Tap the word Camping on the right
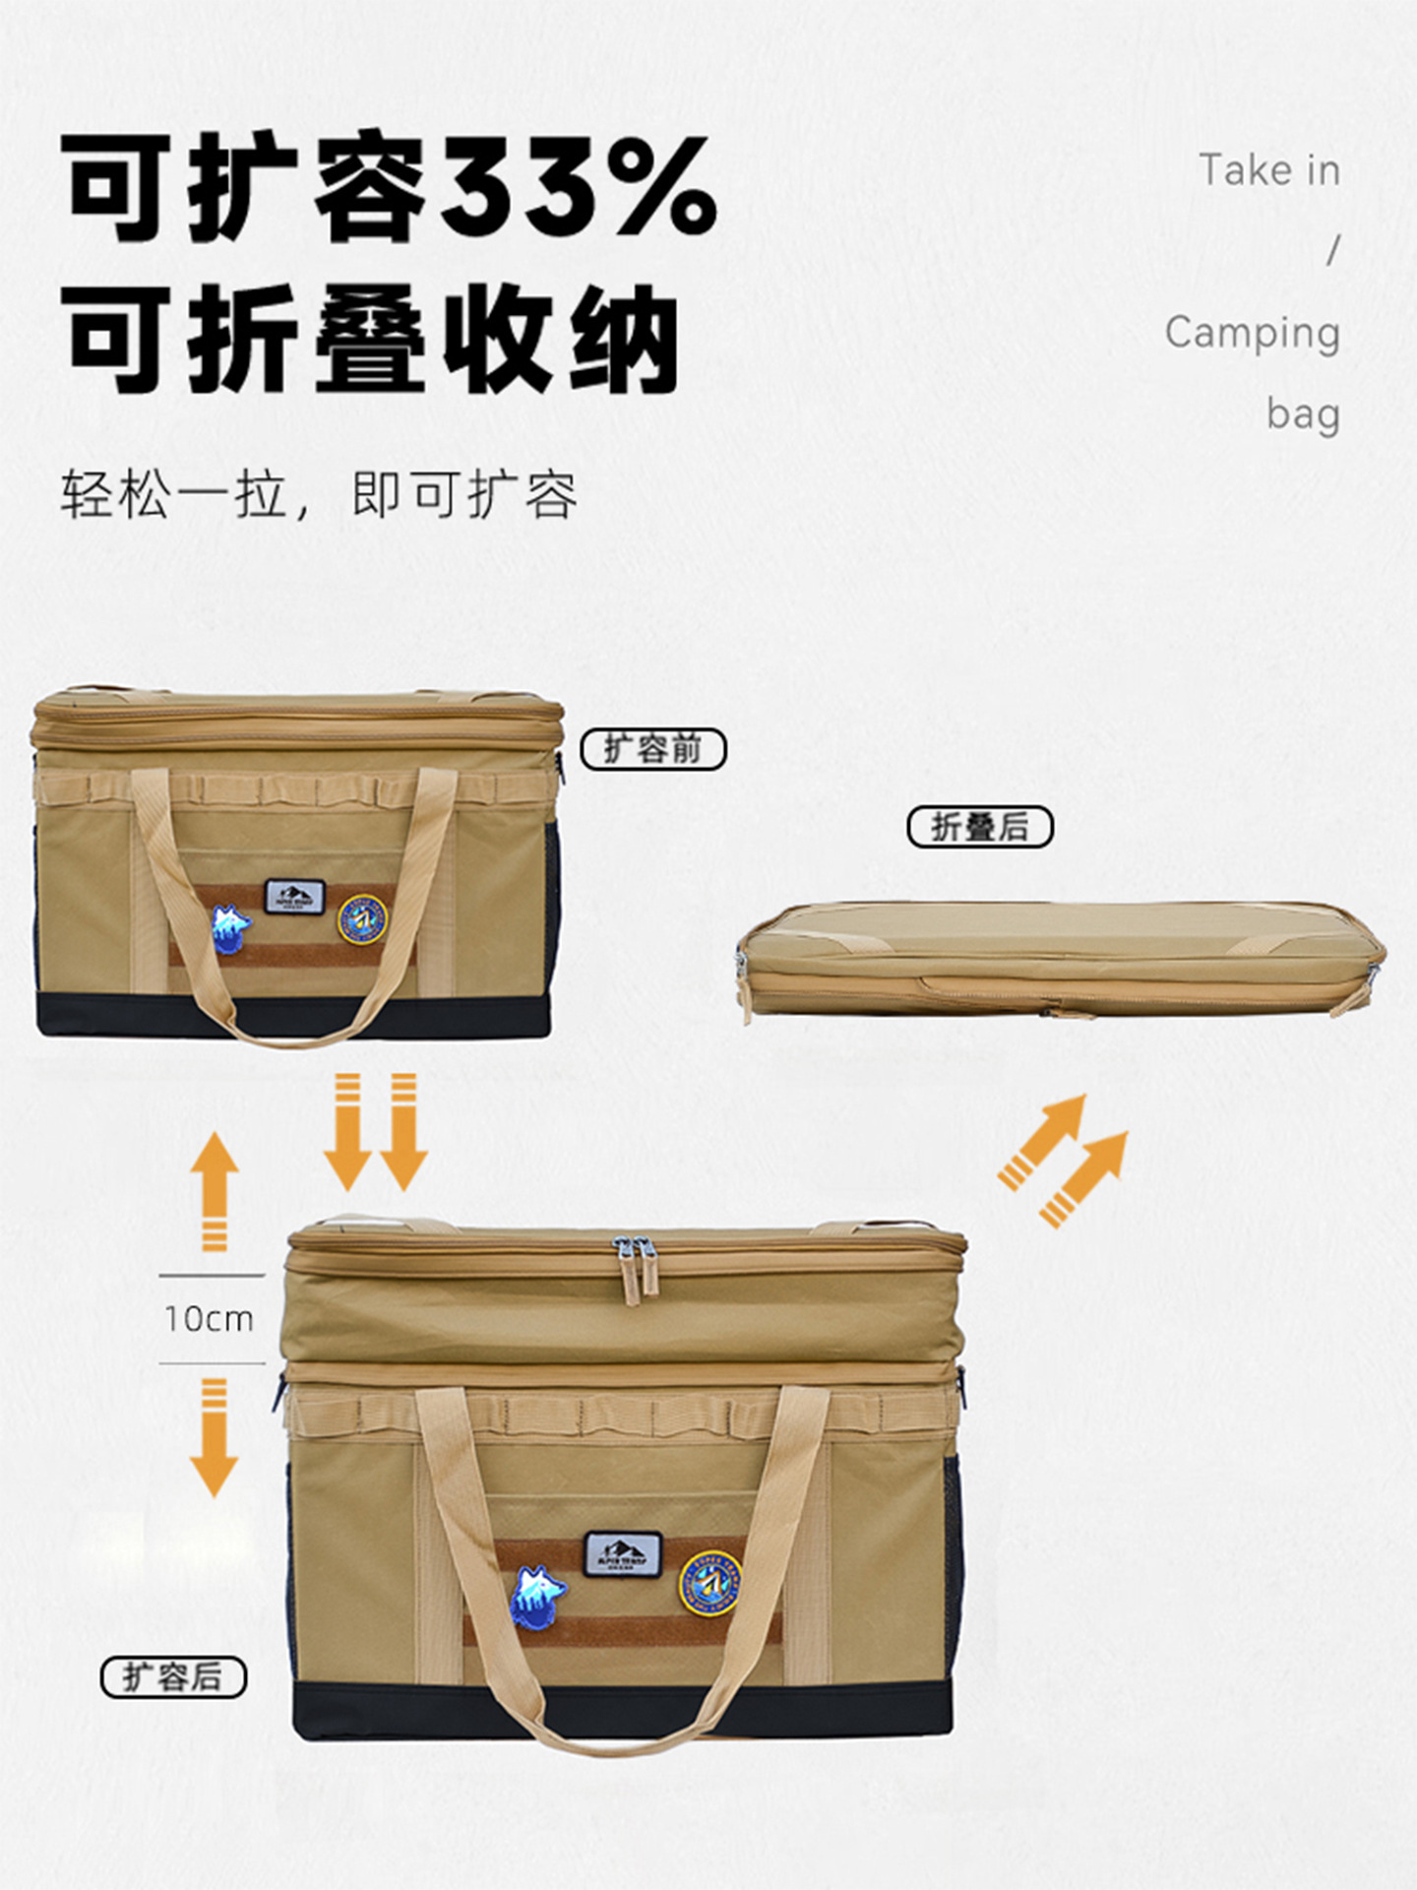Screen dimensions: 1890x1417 point(1252,334)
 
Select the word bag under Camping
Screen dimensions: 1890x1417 point(1303,413)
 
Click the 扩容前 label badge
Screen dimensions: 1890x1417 point(653,750)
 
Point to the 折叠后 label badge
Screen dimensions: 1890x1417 point(979,827)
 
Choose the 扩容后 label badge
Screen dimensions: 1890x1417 point(173,1676)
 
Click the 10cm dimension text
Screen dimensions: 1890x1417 point(210,1319)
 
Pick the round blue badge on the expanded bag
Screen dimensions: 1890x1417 point(708,1586)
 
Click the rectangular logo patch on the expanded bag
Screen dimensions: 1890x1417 point(623,1553)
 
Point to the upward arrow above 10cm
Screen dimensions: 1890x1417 point(215,1191)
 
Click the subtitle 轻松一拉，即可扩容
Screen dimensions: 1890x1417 point(319,494)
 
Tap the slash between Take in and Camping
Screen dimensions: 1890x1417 point(1332,252)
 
